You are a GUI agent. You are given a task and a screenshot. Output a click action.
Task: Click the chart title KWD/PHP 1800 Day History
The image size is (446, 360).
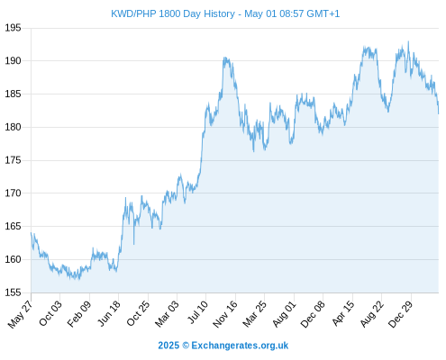pyautogui.click(x=173, y=13)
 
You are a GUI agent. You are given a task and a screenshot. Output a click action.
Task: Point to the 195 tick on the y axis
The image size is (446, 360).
pyautogui.click(x=13, y=28)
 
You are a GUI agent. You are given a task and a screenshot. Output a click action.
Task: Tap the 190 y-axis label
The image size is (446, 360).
pyautogui.click(x=13, y=61)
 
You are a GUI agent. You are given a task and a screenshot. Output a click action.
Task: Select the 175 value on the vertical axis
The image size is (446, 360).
pyautogui.click(x=13, y=160)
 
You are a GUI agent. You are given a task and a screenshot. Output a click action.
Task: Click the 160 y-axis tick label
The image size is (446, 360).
pyautogui.click(x=13, y=259)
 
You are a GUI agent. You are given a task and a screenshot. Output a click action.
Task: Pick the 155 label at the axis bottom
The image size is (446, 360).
pyautogui.click(x=13, y=292)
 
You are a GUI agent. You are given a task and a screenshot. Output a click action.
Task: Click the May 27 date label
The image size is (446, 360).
pyautogui.click(x=21, y=314)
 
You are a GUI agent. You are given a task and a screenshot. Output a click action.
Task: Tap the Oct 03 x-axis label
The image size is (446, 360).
pyautogui.click(x=50, y=313)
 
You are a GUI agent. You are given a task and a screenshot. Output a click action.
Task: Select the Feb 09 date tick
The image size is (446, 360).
pyautogui.click(x=79, y=314)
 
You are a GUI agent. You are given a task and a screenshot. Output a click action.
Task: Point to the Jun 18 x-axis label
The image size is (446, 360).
pyautogui.click(x=109, y=313)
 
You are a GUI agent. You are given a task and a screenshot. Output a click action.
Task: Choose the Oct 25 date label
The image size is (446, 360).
pyautogui.click(x=138, y=313)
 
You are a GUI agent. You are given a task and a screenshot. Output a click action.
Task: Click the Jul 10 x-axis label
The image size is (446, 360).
pyautogui.click(x=197, y=312)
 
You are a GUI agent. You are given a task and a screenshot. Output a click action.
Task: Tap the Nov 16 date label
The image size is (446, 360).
pyautogui.click(x=225, y=314)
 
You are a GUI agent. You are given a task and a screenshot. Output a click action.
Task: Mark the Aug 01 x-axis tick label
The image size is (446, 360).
pyautogui.click(x=284, y=314)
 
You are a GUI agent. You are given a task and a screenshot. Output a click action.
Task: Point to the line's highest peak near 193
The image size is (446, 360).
pyautogui.click(x=408, y=41)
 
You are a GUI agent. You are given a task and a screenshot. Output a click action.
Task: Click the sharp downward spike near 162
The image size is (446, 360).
pyautogui.click(x=133, y=244)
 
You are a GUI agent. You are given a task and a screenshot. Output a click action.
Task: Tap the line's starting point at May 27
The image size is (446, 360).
pyautogui.click(x=31, y=233)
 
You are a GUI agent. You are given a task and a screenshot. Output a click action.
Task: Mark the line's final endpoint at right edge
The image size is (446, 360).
pyautogui.click(x=439, y=113)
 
